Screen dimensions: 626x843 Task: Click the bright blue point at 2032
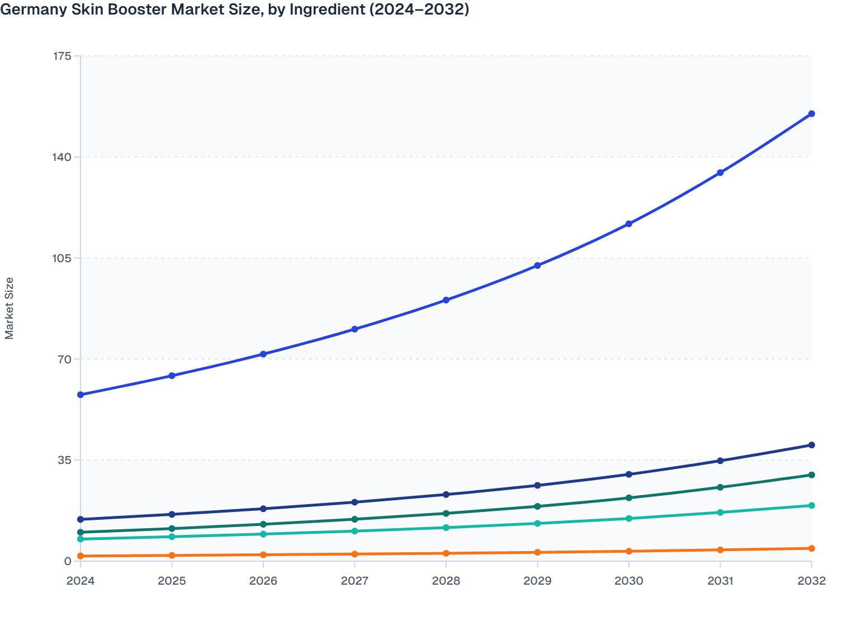pos(811,114)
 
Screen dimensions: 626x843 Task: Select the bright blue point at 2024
pos(80,395)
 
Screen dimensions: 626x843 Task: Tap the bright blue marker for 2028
pos(446,300)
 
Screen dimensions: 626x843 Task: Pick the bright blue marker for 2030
pos(629,224)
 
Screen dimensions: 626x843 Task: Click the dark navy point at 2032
pos(811,445)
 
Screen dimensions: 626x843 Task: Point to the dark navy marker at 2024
pos(80,519)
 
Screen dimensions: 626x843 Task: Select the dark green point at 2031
pos(720,487)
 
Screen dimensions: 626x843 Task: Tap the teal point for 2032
pos(811,505)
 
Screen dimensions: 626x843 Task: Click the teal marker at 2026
pos(263,534)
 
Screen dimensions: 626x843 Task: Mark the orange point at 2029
pos(537,552)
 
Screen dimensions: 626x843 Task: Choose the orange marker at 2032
pos(811,548)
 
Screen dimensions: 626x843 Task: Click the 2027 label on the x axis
pos(354,581)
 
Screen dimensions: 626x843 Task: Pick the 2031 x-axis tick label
pos(720,581)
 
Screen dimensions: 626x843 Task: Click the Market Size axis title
pos(10,308)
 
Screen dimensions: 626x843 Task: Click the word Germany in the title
pos(31,10)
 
